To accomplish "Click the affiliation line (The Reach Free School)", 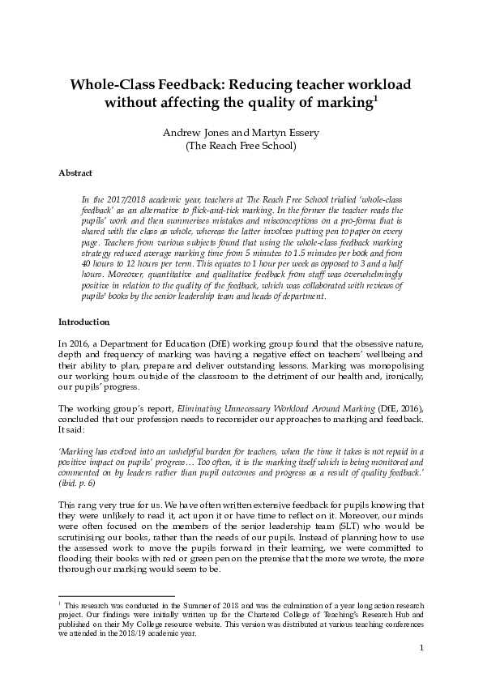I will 241,147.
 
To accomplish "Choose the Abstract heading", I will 75,173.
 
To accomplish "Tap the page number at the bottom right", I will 422,648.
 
